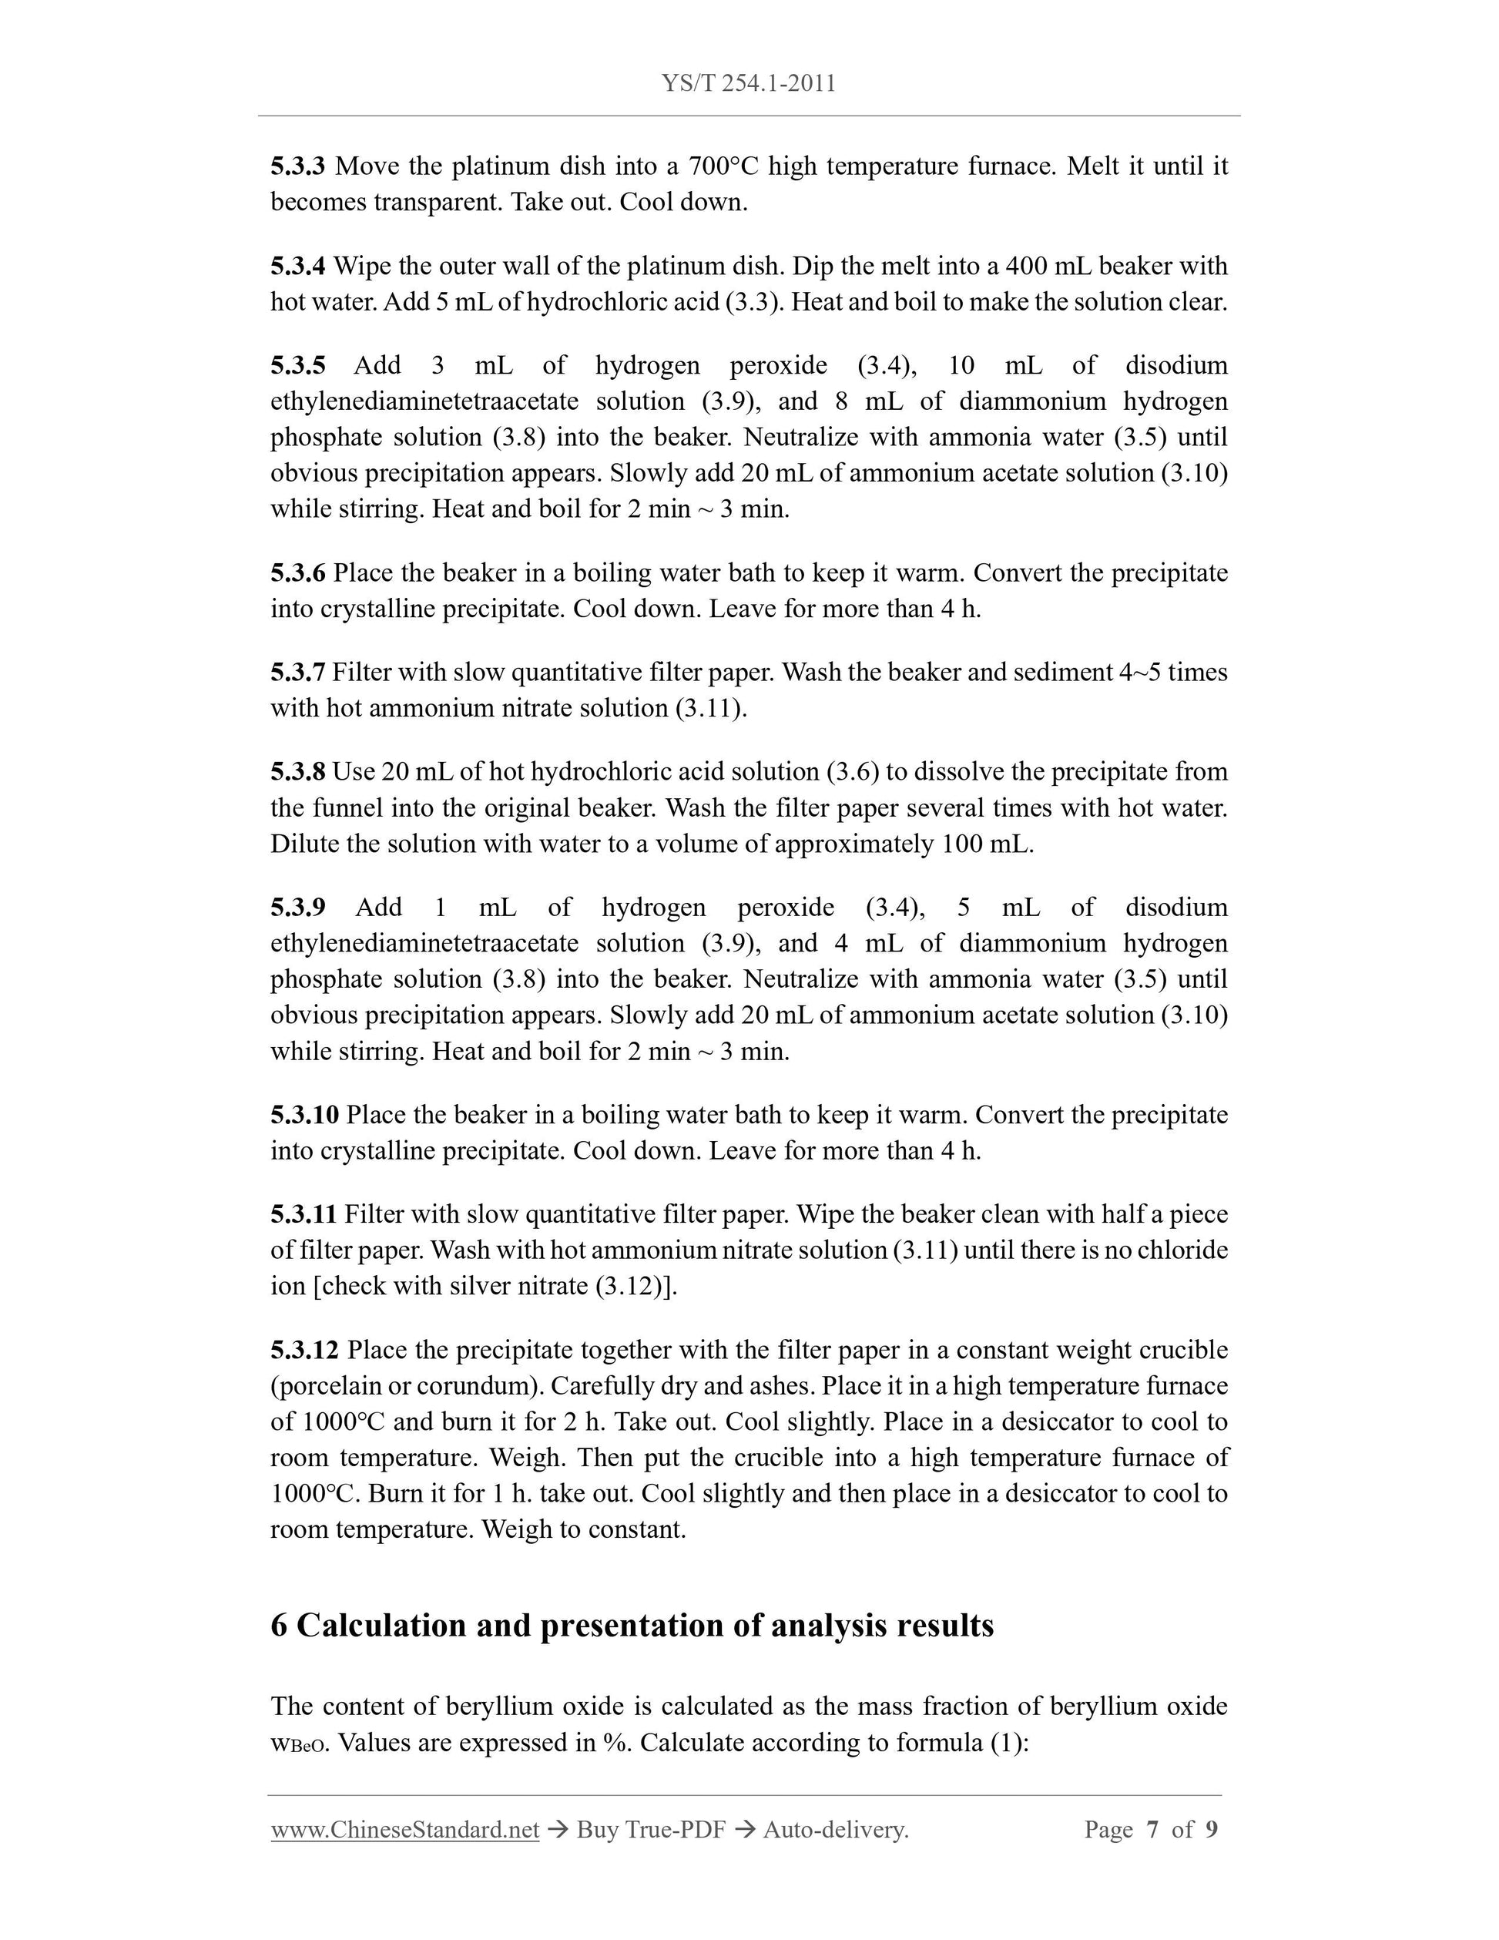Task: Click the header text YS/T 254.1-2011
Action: click(748, 83)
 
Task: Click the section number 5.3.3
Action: click(297, 166)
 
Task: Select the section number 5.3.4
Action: click(297, 266)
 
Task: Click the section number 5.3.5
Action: click(297, 365)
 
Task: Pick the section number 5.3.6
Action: click(297, 573)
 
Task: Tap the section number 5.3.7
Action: click(297, 673)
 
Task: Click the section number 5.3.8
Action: click(297, 772)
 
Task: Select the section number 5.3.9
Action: click(297, 907)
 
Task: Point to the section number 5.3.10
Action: click(304, 1115)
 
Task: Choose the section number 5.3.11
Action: click(303, 1214)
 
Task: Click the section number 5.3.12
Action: click(304, 1350)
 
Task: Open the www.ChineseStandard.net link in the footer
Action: click(405, 1830)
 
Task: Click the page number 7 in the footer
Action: click(1152, 1830)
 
